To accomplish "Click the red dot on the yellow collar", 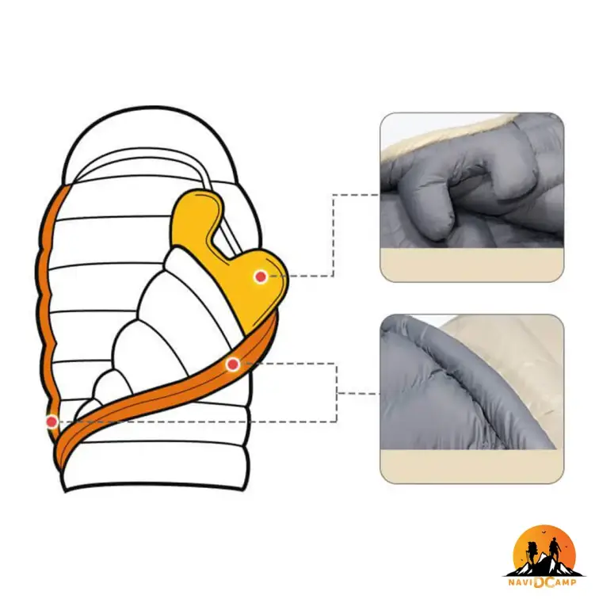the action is point(261,277).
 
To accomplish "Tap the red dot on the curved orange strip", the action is point(233,364).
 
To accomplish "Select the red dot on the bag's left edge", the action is point(52,422).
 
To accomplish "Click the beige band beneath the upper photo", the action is point(471,265).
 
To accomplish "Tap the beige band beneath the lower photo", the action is point(471,467).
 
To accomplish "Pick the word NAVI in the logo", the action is point(521,582).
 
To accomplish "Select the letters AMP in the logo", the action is point(565,582).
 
